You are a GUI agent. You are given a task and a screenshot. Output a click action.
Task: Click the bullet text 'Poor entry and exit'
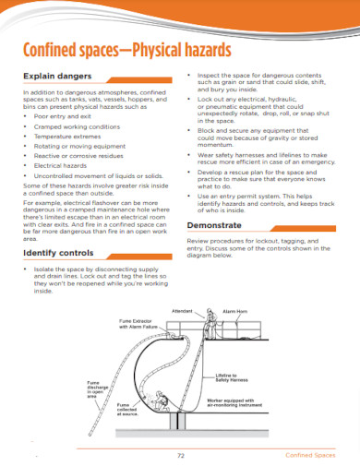[x=65, y=116]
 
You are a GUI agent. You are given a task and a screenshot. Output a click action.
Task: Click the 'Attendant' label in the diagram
[x=184, y=312]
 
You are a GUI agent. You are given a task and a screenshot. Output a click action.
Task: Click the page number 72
[x=180, y=456]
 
